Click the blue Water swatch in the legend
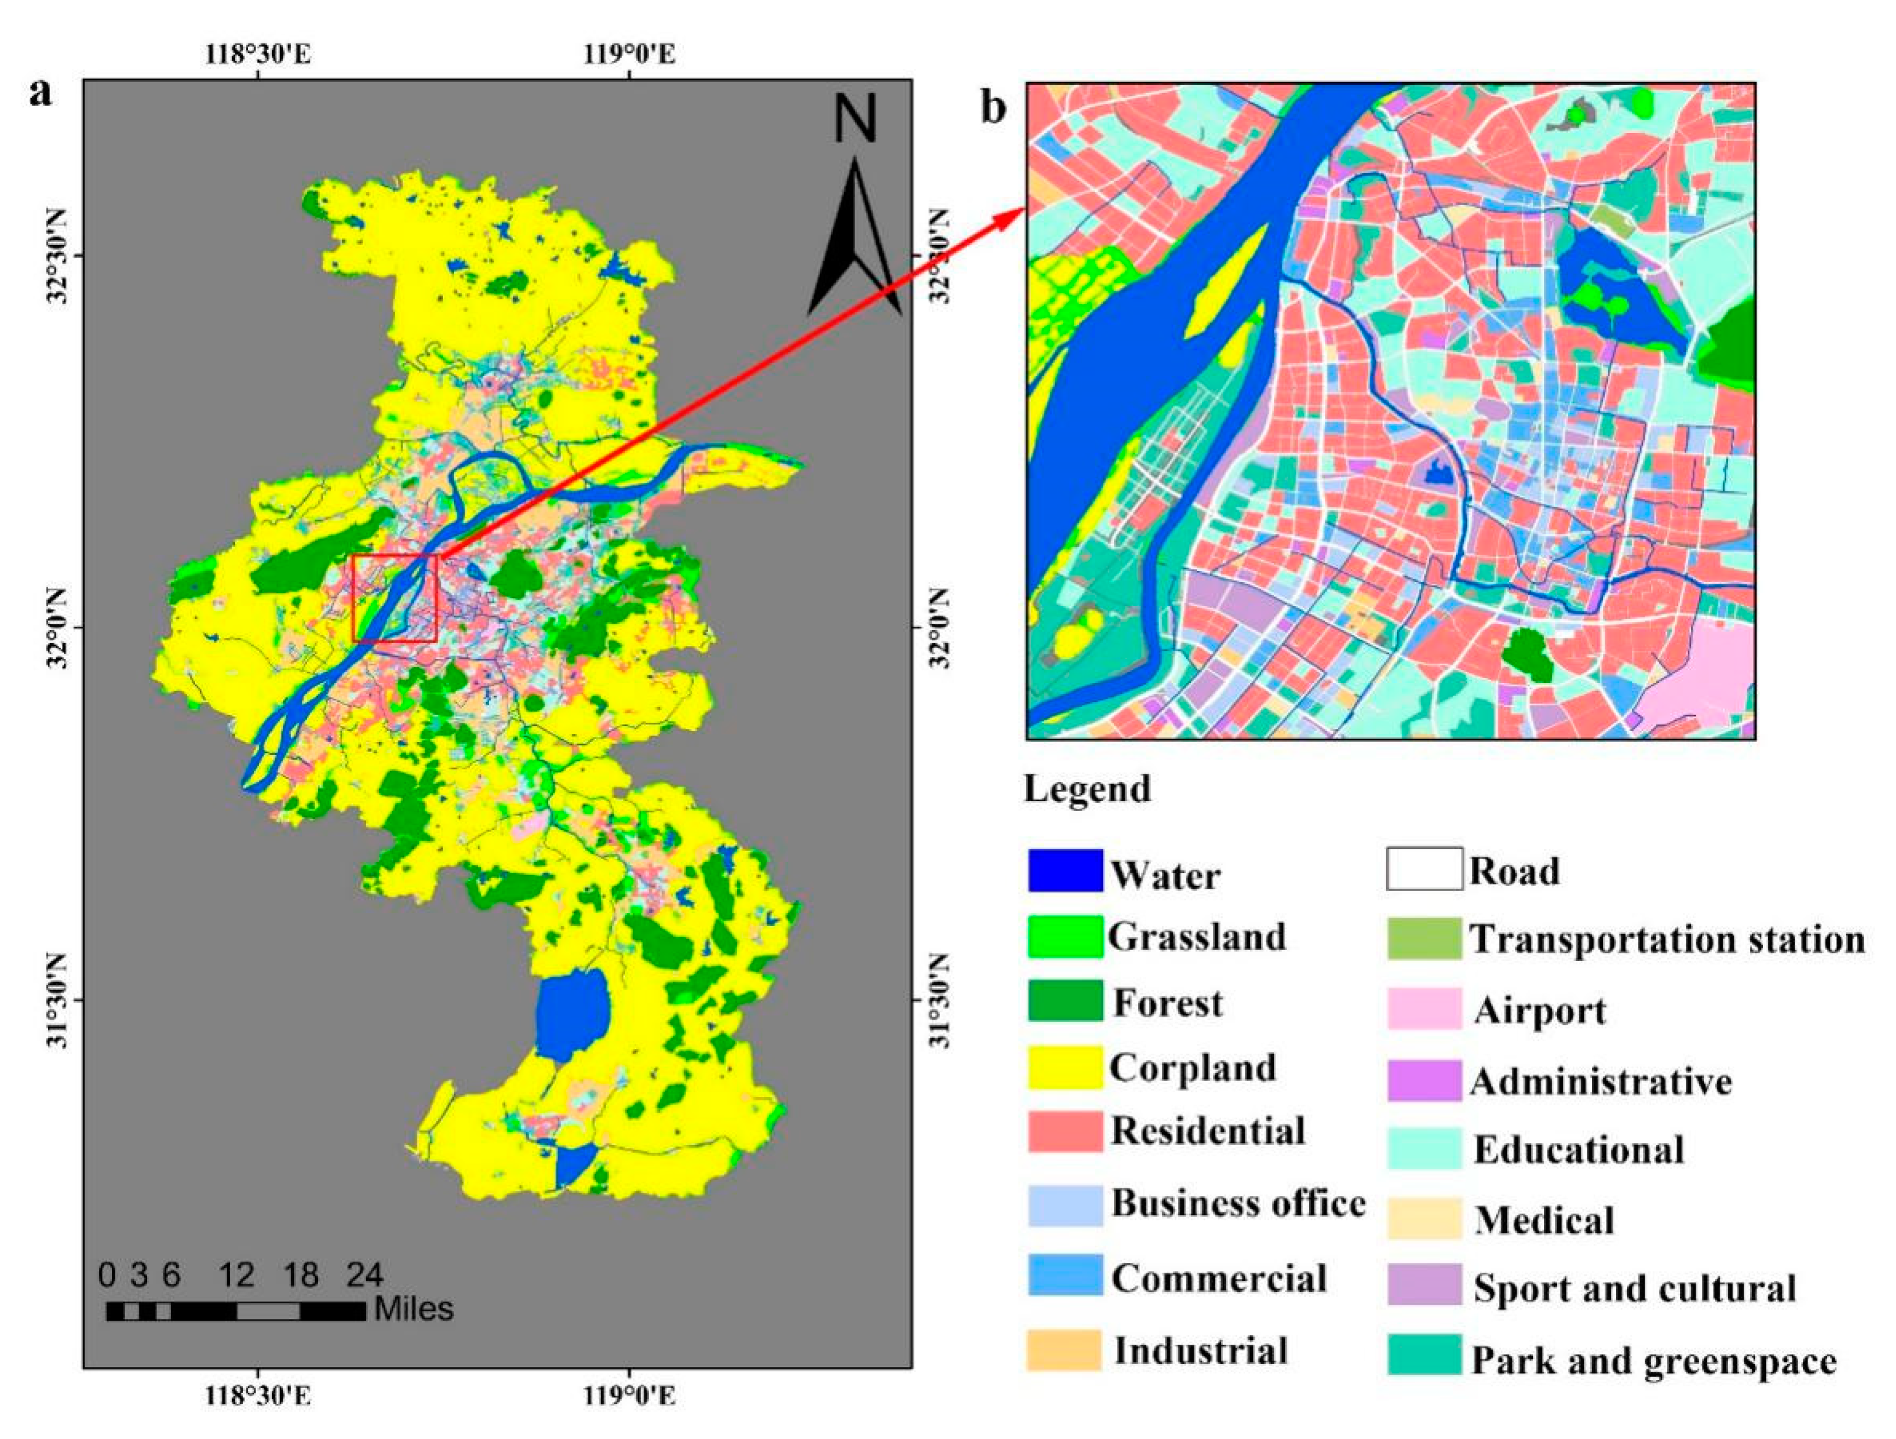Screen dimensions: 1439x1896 pyautogui.click(x=1065, y=871)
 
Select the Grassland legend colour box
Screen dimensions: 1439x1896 pyautogui.click(x=1065, y=936)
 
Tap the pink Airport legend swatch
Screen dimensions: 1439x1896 pyautogui.click(x=1424, y=1008)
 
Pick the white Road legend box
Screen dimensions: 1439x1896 pyautogui.click(x=1424, y=869)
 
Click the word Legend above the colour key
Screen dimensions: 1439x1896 pyautogui.click(x=1087, y=788)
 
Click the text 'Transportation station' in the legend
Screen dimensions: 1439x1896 pyautogui.click(x=1667, y=939)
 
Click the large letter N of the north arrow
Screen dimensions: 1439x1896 pyautogui.click(x=855, y=118)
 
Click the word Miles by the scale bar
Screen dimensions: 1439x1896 pyautogui.click(x=414, y=1309)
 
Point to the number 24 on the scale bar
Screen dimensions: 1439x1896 pyautogui.click(x=364, y=1275)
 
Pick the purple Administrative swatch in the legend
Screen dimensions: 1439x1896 pyautogui.click(x=1424, y=1081)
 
